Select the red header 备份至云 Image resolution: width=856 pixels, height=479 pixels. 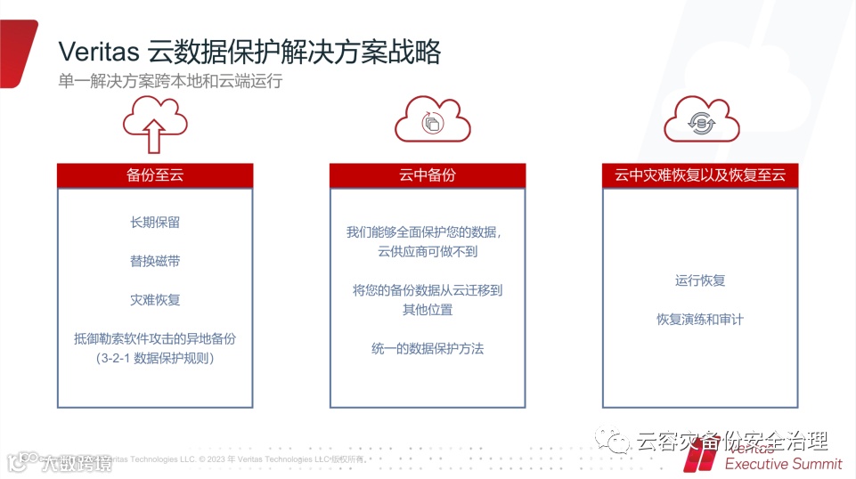155,175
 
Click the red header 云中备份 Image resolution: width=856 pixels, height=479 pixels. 428,175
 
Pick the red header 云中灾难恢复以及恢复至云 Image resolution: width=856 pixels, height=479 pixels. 700,175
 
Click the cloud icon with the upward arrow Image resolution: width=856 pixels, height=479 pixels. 155,125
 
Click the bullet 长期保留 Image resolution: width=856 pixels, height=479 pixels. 155,223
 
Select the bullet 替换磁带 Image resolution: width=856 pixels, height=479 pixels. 155,261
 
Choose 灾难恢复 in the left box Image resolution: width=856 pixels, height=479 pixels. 155,299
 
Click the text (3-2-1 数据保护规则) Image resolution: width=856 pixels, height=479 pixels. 155,358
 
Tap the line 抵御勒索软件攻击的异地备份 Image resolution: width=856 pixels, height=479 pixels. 155,338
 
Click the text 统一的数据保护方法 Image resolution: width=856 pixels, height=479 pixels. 428,348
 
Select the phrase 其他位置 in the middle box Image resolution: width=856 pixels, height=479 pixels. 428,310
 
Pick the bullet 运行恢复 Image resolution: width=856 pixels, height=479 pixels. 700,280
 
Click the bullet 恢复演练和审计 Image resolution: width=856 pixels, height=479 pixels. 700,319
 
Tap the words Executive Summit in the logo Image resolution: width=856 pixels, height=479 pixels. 783,464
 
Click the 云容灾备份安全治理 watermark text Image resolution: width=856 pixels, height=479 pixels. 733,441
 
